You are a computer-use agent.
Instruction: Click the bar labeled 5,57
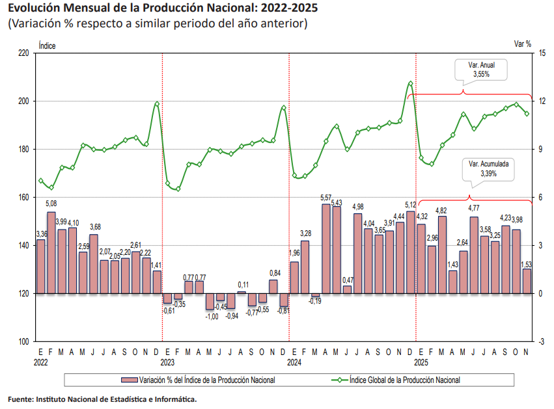click(326, 249)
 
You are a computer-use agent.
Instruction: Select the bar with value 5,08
click(51, 253)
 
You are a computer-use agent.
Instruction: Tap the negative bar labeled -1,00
click(210, 301)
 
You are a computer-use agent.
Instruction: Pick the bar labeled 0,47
click(348, 290)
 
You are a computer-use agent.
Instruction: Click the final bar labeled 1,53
click(527, 282)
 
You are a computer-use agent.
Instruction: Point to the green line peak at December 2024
click(410, 84)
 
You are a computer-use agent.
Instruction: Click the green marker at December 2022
click(157, 104)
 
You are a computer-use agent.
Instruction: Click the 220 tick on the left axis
click(23, 53)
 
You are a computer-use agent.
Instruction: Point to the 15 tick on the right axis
click(542, 53)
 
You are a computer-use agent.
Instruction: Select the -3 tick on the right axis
click(541, 341)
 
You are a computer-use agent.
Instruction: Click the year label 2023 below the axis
click(167, 362)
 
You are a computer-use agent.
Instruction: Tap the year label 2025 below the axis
click(421, 362)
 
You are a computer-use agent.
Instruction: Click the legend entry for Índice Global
click(396, 380)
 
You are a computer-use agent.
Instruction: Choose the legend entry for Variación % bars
click(198, 380)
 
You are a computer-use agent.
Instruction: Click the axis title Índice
click(47, 46)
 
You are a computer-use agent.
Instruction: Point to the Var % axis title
click(523, 44)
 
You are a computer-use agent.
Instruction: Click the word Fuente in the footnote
click(20, 399)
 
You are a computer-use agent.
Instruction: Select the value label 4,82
click(441, 211)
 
